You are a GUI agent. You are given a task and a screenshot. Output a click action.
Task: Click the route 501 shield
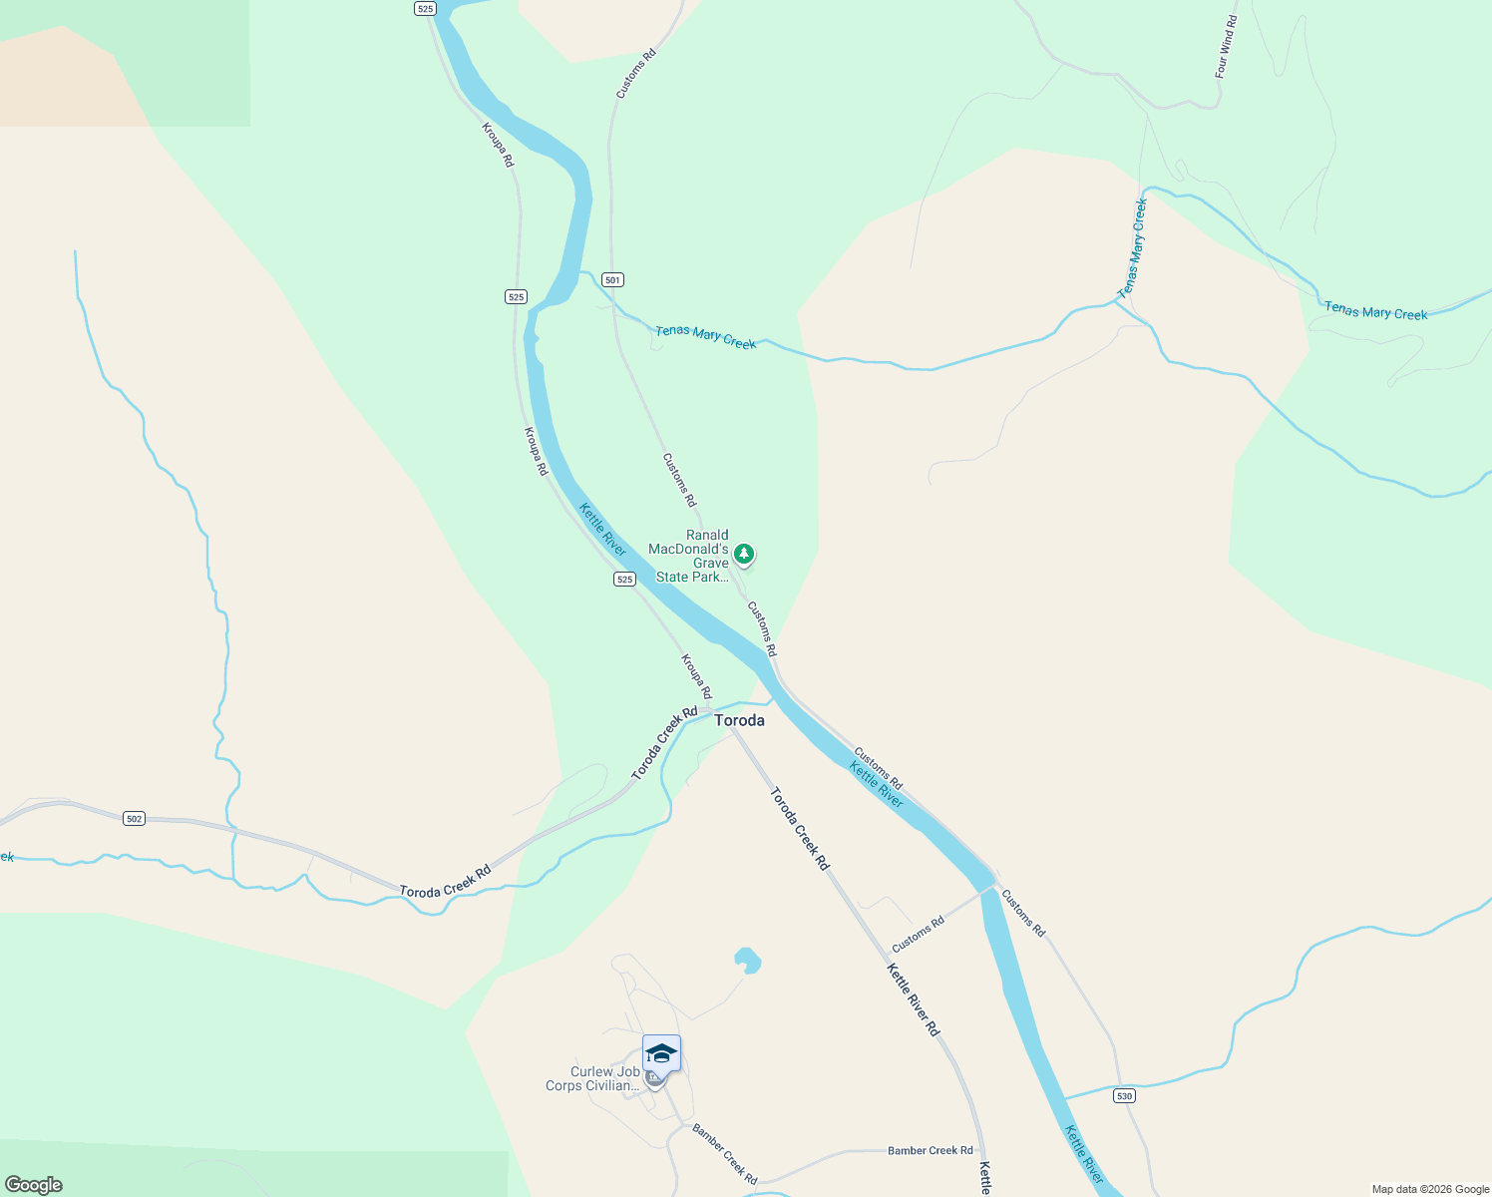pyautogui.click(x=612, y=280)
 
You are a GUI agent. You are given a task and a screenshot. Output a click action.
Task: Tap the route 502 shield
pyautogui.click(x=135, y=819)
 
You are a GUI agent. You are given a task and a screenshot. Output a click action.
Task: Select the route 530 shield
pyautogui.click(x=1125, y=1095)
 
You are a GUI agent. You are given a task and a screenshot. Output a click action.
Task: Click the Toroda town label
pyautogui.click(x=740, y=720)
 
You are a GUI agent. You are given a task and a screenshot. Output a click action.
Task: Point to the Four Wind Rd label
pyautogui.click(x=1226, y=47)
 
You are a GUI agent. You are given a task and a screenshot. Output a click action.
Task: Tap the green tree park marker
pyautogui.click(x=743, y=554)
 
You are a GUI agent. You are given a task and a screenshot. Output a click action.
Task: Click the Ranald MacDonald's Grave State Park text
pyautogui.click(x=692, y=557)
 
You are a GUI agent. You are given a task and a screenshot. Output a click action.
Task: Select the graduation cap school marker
pyautogui.click(x=661, y=1053)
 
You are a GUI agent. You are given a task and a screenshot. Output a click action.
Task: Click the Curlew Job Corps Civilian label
pyautogui.click(x=592, y=1079)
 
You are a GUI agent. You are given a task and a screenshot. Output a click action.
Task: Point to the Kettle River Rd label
pyautogui.click(x=913, y=999)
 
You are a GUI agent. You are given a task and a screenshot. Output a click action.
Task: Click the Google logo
pyautogui.click(x=34, y=1185)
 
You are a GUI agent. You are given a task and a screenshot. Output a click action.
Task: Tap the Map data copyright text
pyautogui.click(x=1430, y=1189)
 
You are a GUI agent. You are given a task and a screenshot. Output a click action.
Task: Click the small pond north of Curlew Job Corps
pyautogui.click(x=747, y=961)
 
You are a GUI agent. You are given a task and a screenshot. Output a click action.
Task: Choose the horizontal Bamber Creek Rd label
pyautogui.click(x=930, y=1151)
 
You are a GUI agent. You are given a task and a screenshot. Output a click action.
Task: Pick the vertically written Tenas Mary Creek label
pyautogui.click(x=1133, y=248)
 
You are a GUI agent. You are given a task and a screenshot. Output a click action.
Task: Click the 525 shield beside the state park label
pyautogui.click(x=624, y=580)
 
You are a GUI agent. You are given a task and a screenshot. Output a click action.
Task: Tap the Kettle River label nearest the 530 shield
pyautogui.click(x=1083, y=1155)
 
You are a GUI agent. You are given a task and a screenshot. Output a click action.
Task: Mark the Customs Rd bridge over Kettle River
pyautogui.click(x=988, y=886)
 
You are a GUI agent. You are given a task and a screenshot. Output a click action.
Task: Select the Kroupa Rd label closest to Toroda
pyautogui.click(x=696, y=676)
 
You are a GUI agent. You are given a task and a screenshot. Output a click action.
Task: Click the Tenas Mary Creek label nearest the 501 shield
pyautogui.click(x=705, y=336)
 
